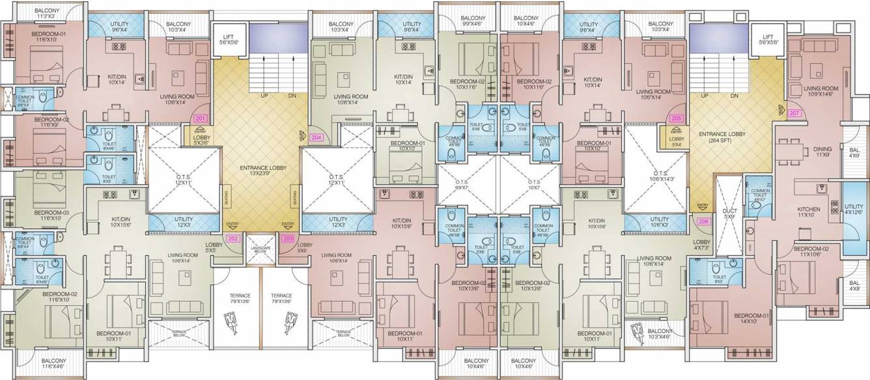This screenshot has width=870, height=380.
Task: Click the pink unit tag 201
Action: coord(201,119)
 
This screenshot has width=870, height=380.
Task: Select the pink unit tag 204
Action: coord(317,138)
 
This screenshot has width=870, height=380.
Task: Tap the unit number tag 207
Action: coord(794,113)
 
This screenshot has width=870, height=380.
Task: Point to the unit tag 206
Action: coord(703,221)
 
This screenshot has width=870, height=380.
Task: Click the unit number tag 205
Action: coord(677,119)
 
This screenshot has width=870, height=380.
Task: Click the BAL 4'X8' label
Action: coord(854,286)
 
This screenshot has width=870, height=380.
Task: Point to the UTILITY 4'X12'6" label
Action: coord(854,208)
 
